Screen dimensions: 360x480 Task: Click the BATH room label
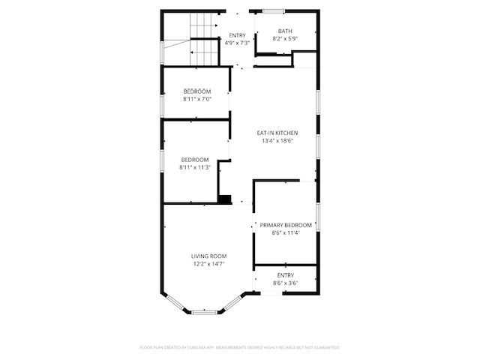click(264, 31)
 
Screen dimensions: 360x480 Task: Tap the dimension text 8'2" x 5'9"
click(264, 38)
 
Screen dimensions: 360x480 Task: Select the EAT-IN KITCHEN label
click(277, 133)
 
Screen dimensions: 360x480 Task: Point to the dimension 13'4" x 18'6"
click(277, 140)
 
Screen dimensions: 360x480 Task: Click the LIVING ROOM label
click(208, 256)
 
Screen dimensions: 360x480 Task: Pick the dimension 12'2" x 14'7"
click(208, 263)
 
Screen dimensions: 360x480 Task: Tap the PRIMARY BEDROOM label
click(286, 225)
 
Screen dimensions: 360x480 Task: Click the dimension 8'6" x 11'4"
click(286, 232)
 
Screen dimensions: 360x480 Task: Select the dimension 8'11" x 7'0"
click(197, 99)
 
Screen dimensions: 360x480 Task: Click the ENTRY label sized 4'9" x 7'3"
click(237, 35)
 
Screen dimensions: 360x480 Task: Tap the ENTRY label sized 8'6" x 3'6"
click(286, 275)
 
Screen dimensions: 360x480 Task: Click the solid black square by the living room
click(223, 199)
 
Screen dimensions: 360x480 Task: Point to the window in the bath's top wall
click(273, 10)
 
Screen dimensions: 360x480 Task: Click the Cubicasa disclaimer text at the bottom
click(240, 347)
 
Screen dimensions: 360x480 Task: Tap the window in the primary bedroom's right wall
click(318, 217)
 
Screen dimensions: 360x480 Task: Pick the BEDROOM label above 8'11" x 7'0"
click(197, 91)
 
